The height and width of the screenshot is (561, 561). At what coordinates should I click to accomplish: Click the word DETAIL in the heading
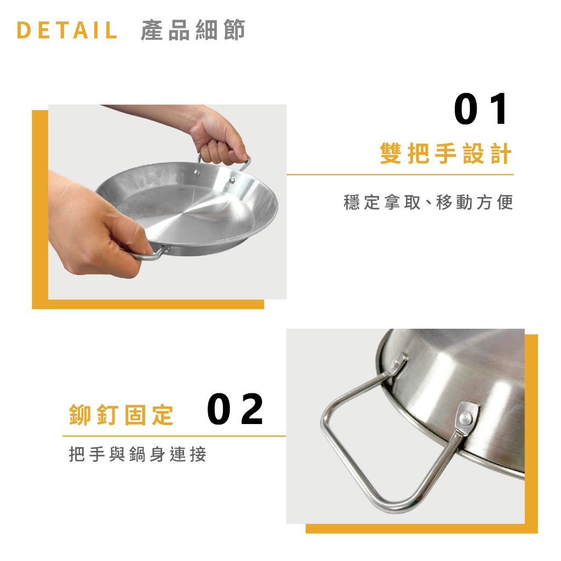(67, 31)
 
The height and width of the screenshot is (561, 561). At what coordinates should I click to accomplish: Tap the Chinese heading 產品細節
(193, 31)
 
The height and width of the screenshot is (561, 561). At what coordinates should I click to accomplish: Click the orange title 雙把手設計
(446, 154)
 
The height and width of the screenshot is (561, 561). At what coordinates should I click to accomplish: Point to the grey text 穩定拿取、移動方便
(428, 203)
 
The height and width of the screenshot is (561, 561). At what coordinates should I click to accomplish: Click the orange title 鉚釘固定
(121, 416)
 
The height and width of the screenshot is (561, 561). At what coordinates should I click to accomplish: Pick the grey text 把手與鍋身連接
(138, 454)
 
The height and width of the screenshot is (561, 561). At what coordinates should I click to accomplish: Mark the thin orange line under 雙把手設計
(400, 175)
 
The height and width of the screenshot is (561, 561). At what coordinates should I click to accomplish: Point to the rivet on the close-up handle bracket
(466, 417)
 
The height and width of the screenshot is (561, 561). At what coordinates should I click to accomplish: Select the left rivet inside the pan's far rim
(198, 174)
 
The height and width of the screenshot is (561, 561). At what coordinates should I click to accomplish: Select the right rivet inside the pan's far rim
(232, 179)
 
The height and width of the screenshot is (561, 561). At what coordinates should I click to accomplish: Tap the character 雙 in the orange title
(390, 154)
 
